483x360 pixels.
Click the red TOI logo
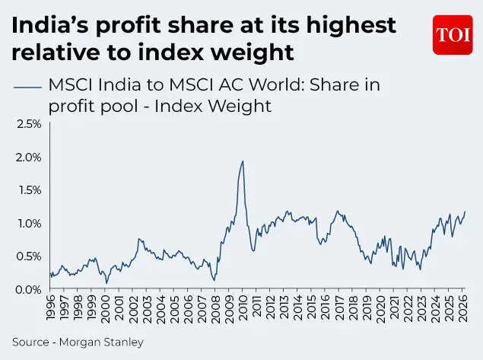(452, 35)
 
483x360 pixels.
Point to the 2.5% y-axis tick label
(29, 123)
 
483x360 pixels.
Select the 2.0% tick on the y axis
(29, 157)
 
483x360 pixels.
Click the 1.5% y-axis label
(29, 190)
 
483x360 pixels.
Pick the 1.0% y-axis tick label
(29, 223)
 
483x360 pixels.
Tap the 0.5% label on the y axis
(29, 256)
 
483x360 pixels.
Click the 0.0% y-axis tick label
(29, 289)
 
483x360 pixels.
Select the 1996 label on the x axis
(50, 309)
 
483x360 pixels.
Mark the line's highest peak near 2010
(243, 161)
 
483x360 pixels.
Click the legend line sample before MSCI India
(27, 86)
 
